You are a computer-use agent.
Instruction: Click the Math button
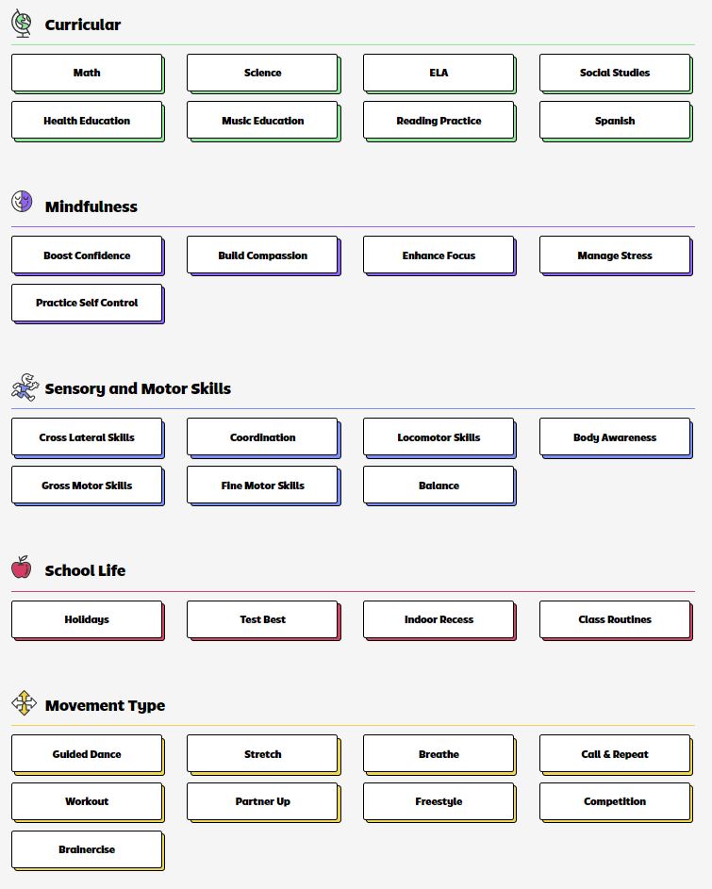[x=88, y=74]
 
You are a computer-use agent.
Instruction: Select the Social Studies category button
[x=616, y=74]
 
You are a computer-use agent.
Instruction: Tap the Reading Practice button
[x=439, y=121]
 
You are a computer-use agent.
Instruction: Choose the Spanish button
[x=616, y=121]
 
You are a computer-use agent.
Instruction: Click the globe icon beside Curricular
[x=22, y=24]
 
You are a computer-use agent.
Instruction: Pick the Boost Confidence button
[x=88, y=255]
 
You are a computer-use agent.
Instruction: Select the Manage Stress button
[x=616, y=255]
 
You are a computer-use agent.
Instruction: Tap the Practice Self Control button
[x=88, y=304]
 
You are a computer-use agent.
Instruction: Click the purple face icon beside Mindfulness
[x=22, y=201]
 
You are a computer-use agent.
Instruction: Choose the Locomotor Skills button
[x=439, y=437]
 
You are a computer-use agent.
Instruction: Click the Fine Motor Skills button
[x=263, y=486]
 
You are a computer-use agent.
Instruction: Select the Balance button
[x=439, y=486]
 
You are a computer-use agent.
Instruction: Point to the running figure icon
[x=25, y=387]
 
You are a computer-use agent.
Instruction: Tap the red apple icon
[x=22, y=567]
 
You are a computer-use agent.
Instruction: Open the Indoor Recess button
[x=439, y=620]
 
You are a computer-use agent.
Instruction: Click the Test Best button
[x=263, y=620]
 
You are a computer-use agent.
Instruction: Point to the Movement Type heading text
[x=105, y=705]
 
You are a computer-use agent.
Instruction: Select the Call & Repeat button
[x=616, y=754]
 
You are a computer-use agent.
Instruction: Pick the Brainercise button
[x=88, y=850]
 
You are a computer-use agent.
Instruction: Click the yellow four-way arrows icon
[x=24, y=703]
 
